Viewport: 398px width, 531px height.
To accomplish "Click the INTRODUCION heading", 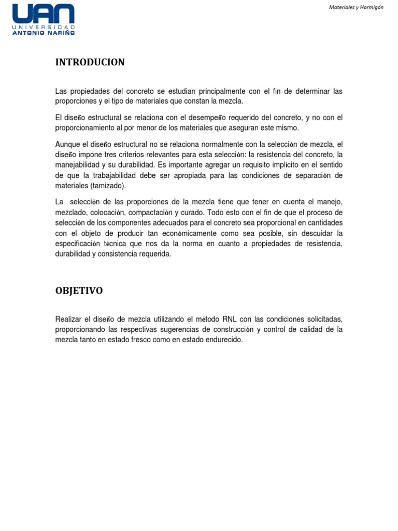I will pyautogui.click(x=90, y=62).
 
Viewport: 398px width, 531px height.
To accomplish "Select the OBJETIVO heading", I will pyautogui.click(x=79, y=290).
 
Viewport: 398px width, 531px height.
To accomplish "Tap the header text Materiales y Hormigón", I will pyautogui.click(x=357, y=8).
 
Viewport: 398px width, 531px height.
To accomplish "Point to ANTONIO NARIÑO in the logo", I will pyautogui.click(x=44, y=32).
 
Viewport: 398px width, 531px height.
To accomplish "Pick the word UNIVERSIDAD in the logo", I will pyautogui.click(x=44, y=26).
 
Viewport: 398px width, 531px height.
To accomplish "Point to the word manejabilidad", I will pyautogui.click(x=79, y=165).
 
